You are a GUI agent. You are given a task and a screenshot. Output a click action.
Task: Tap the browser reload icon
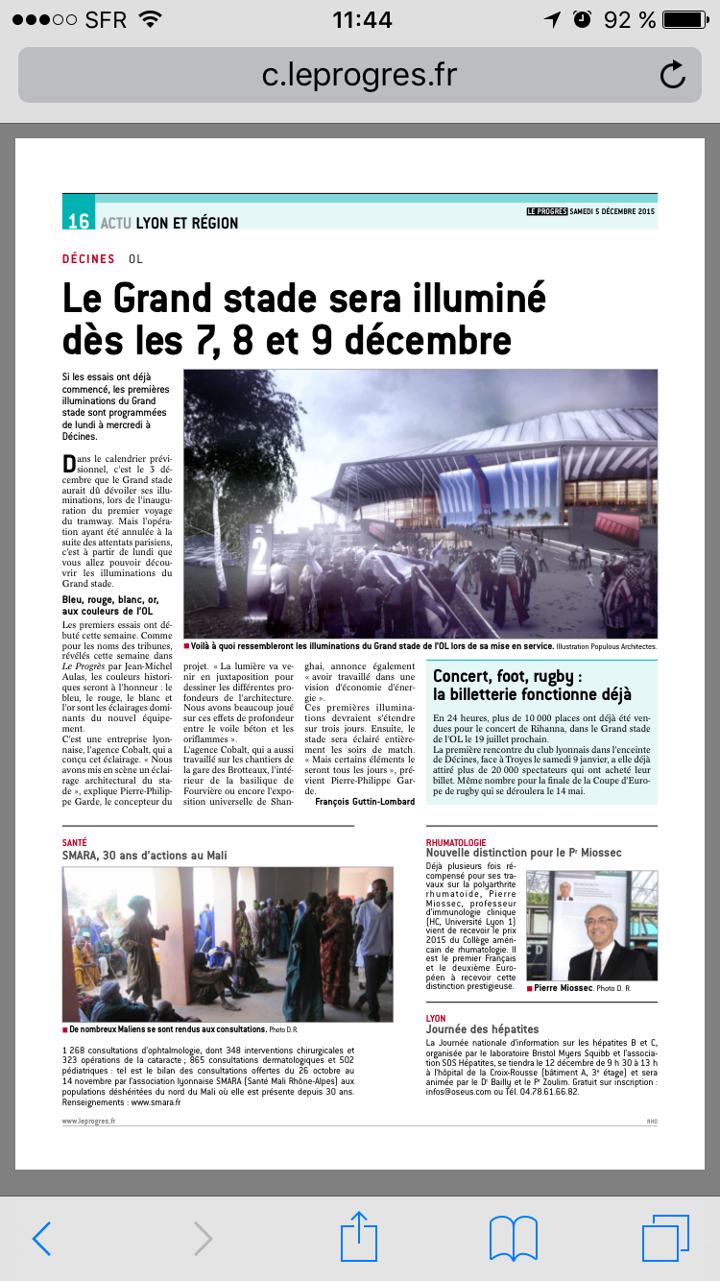point(672,75)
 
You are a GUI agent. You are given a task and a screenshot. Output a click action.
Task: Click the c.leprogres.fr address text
point(359,74)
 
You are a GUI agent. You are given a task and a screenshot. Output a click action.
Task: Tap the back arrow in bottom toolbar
point(41,1238)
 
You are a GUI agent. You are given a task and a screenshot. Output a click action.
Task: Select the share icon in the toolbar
point(359,1236)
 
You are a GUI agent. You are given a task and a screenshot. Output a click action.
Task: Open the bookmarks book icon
point(514,1238)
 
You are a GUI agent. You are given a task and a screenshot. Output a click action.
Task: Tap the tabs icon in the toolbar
point(664,1238)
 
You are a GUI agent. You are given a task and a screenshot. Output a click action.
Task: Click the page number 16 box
point(79,221)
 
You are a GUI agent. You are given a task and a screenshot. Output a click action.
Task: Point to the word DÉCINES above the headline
point(88,258)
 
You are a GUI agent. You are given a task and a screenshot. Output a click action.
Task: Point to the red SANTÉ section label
point(74,842)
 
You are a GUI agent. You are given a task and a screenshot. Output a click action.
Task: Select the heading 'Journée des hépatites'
point(482,1029)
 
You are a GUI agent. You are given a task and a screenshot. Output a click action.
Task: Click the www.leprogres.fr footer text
point(88,1120)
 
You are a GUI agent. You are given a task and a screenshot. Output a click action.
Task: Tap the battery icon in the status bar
point(684,19)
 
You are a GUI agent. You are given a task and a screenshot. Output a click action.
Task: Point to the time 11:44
point(362,19)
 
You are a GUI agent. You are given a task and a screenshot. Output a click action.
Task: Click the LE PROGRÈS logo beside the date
point(545,211)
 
